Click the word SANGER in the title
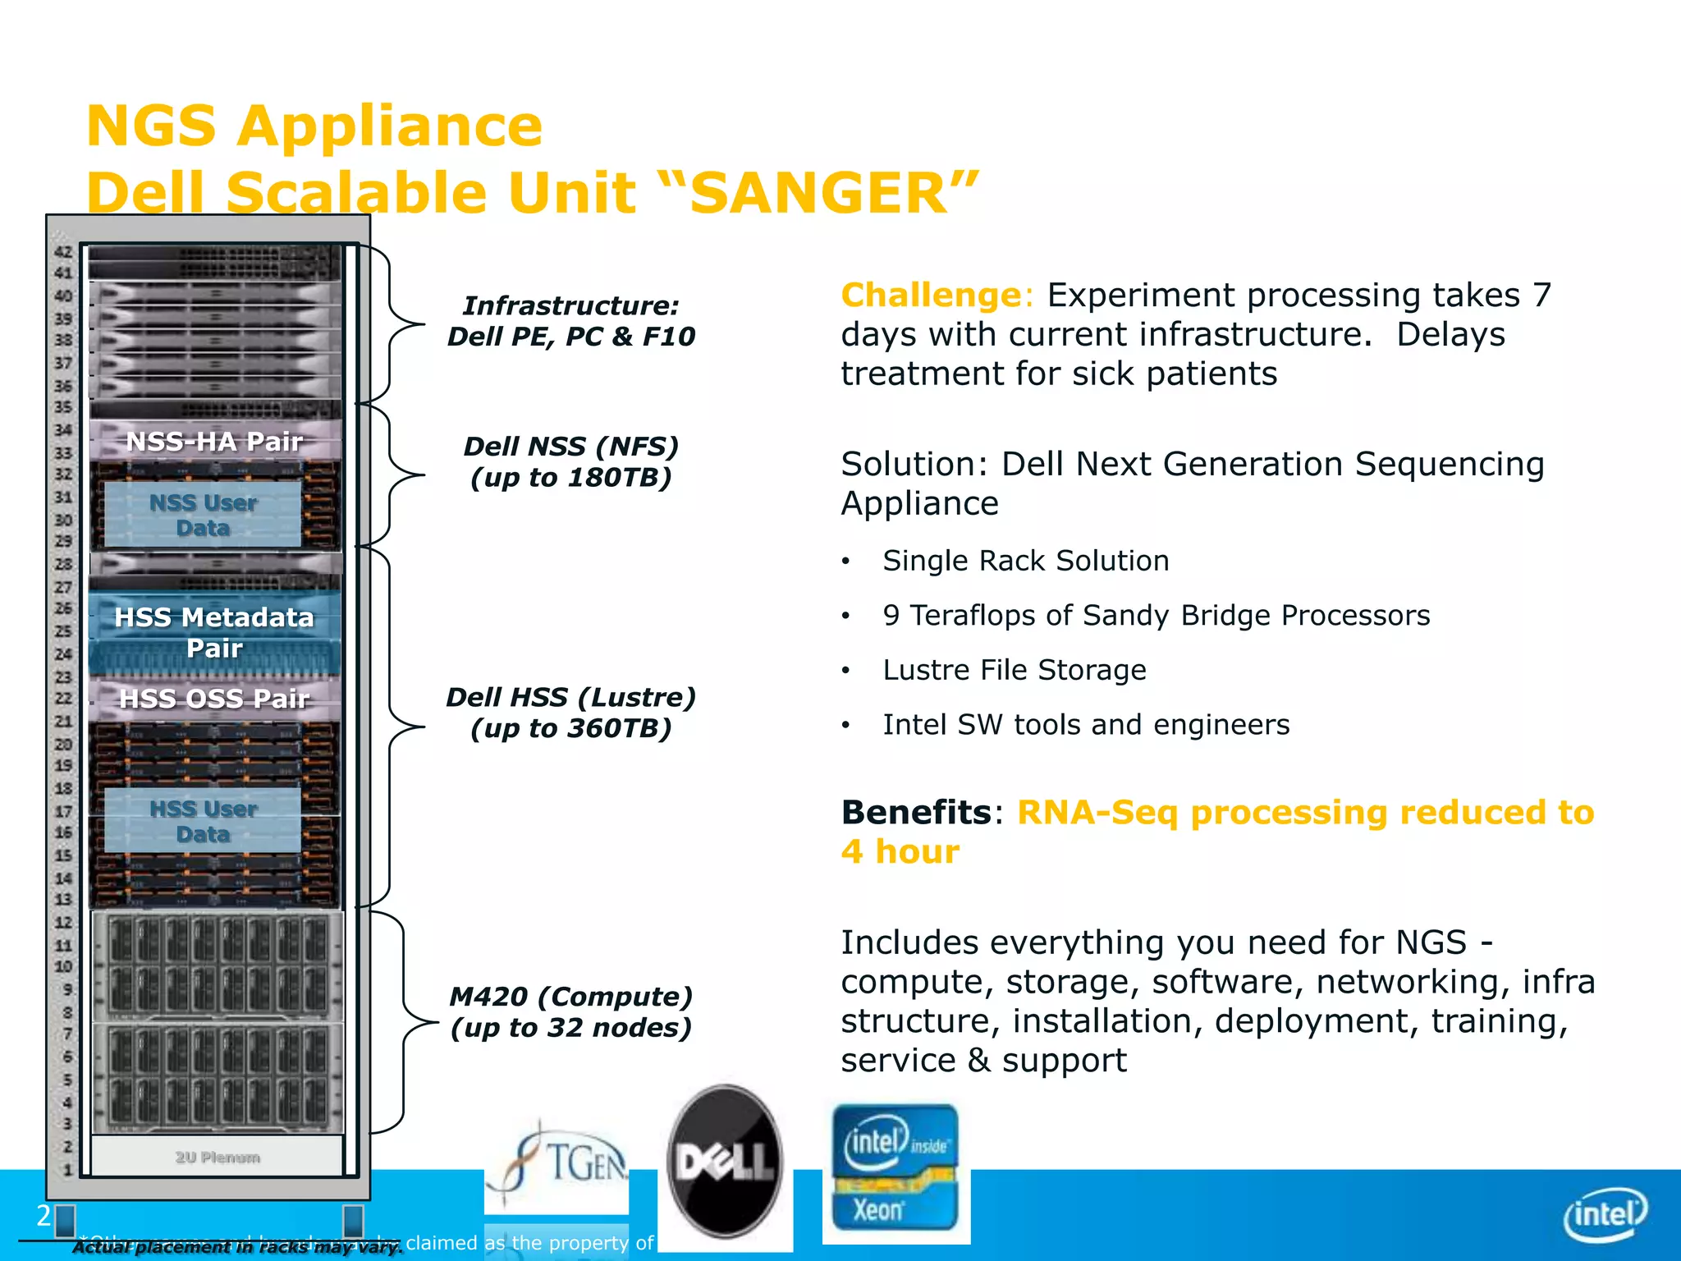click(821, 194)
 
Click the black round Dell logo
click(724, 1161)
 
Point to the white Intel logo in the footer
click(1605, 1214)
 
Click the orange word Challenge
click(929, 296)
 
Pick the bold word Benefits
click(916, 813)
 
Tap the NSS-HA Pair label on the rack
click(214, 442)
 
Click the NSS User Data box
click(203, 515)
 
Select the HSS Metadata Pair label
click(214, 632)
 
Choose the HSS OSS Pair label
click(214, 699)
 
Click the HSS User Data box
click(203, 821)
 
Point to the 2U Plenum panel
click(217, 1157)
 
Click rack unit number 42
click(63, 252)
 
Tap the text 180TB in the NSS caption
click(619, 478)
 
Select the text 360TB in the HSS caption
click(619, 729)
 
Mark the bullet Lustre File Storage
click(1014, 670)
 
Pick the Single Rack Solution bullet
click(1025, 561)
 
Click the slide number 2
click(44, 1216)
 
